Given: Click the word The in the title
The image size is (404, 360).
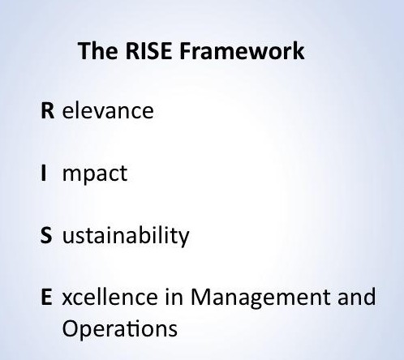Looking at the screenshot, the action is [98, 50].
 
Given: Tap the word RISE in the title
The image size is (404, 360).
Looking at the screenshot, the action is [148, 51].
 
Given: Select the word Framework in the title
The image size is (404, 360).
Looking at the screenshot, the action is [242, 50].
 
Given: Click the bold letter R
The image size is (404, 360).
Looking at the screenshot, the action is [48, 110].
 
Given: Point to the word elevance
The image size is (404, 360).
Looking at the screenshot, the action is [108, 110].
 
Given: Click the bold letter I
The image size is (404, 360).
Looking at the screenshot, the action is [44, 173].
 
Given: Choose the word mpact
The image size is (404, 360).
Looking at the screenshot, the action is [95, 174].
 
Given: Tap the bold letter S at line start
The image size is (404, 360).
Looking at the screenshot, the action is [46, 235].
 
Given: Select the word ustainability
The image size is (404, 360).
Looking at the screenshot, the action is [126, 236].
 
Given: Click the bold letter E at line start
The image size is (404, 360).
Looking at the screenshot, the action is [46, 297].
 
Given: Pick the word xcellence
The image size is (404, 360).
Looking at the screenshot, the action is [110, 297].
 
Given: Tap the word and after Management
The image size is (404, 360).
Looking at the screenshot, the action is [357, 297].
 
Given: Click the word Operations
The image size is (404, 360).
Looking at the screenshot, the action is [120, 328].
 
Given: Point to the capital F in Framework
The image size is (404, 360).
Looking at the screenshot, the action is [186, 51].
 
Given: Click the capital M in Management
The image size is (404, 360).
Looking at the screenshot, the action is [202, 297].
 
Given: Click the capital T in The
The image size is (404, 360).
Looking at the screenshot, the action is [84, 51].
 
